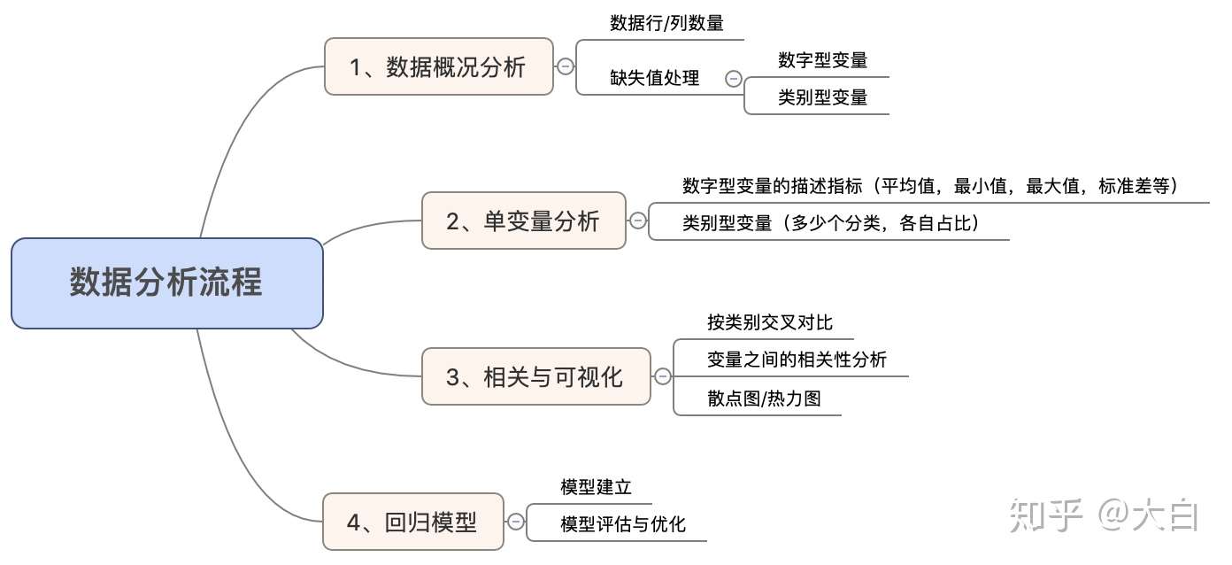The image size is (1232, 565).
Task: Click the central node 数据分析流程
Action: pyautogui.click(x=166, y=283)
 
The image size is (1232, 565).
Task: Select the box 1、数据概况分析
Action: pyautogui.click(x=438, y=66)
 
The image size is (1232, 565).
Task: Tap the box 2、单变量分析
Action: pyautogui.click(x=523, y=221)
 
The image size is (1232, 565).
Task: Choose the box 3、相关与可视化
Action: pyautogui.click(x=535, y=376)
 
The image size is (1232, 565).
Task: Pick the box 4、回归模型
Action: pyautogui.click(x=412, y=522)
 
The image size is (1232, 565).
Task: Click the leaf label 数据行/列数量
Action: pyautogui.click(x=666, y=24)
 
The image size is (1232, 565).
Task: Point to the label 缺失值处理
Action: pyautogui.click(x=655, y=78)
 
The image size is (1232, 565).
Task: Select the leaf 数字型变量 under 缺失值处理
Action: pyautogui.click(x=822, y=60)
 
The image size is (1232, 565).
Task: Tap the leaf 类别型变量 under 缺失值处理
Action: pyautogui.click(x=822, y=97)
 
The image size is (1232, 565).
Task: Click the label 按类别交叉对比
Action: pyautogui.click(x=770, y=322)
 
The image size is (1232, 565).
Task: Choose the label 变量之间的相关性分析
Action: pyautogui.click(x=797, y=360)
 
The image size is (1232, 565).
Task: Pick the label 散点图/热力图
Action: pyautogui.click(x=764, y=399)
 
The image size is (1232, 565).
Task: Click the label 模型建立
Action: pyautogui.click(x=595, y=487)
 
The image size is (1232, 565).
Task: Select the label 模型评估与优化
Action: pyautogui.click(x=622, y=524)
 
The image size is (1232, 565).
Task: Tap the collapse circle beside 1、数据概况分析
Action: pyautogui.click(x=565, y=66)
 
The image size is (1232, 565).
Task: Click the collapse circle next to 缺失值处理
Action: pyautogui.click(x=733, y=78)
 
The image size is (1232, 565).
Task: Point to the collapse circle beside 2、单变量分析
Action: pyautogui.click(x=637, y=221)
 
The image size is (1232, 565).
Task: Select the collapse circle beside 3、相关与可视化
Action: pyautogui.click(x=662, y=376)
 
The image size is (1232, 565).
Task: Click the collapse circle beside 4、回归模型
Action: pyautogui.click(x=515, y=522)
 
